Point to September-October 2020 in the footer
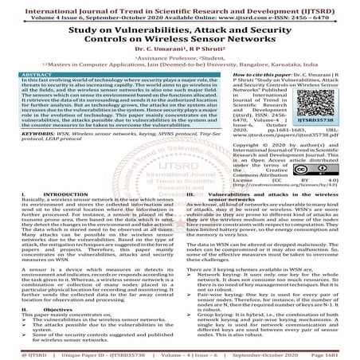pos(258,354)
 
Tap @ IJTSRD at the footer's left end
pos(22,354)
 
